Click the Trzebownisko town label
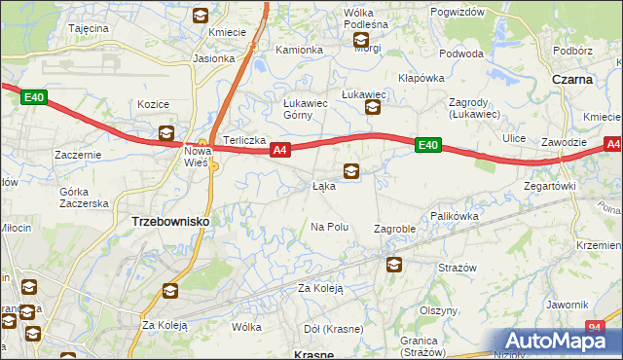169,222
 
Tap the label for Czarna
572,80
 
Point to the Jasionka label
213,58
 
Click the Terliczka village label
244,140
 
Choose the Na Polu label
329,227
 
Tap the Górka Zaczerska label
83,198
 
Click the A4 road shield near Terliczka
280,150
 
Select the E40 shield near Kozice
34,97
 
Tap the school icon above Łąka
350,172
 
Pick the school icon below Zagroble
394,265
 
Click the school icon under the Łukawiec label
373,109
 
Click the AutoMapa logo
560,341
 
